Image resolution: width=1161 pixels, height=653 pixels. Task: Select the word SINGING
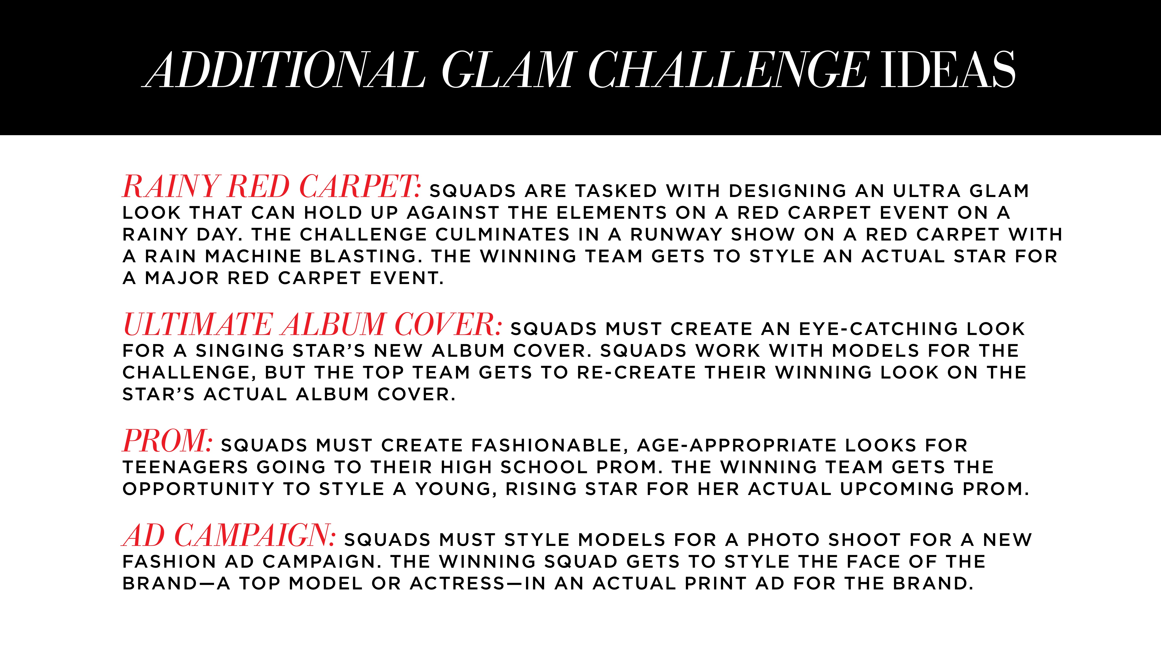(x=240, y=351)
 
